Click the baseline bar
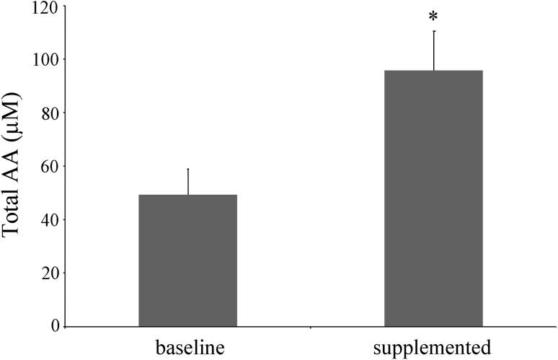point(187,260)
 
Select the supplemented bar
point(433,198)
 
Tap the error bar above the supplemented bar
point(434,51)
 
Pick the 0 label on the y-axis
point(54,327)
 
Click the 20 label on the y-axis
point(50,273)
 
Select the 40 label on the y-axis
point(50,220)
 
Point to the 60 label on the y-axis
point(50,167)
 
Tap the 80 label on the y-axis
point(50,113)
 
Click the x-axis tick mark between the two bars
point(311,329)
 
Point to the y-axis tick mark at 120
point(63,6)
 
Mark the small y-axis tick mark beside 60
point(63,166)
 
